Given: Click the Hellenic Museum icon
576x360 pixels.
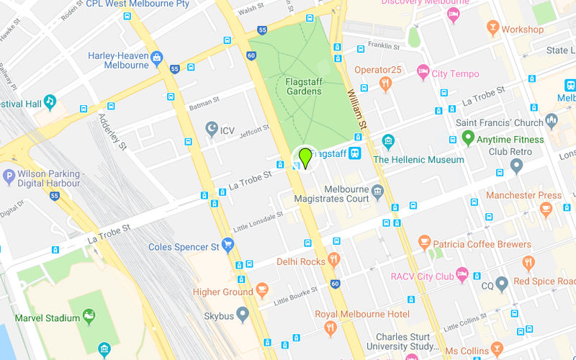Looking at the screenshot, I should point(389,140).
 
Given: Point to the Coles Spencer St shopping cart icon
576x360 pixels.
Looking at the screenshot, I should point(228,246).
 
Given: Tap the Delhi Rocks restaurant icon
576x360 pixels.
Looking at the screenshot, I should point(333,261).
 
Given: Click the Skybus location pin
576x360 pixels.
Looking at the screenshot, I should point(243,315).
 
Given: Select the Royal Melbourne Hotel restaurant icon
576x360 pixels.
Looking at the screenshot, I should point(330,328).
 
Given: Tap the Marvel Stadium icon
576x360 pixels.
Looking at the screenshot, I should point(89,315).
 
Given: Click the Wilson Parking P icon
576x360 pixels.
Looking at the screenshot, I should point(9,176).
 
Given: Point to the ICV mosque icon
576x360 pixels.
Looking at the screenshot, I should point(212,130).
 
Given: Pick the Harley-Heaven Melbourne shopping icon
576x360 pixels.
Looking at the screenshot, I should point(157,58).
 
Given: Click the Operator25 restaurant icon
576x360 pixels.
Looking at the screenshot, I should point(386,84).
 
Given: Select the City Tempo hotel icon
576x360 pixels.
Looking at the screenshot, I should point(422,73).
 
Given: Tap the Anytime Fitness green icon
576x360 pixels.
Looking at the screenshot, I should point(468,138).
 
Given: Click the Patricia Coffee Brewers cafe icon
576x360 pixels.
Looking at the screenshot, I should point(424,243).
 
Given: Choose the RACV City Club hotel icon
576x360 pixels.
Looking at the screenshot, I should point(462,274).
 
